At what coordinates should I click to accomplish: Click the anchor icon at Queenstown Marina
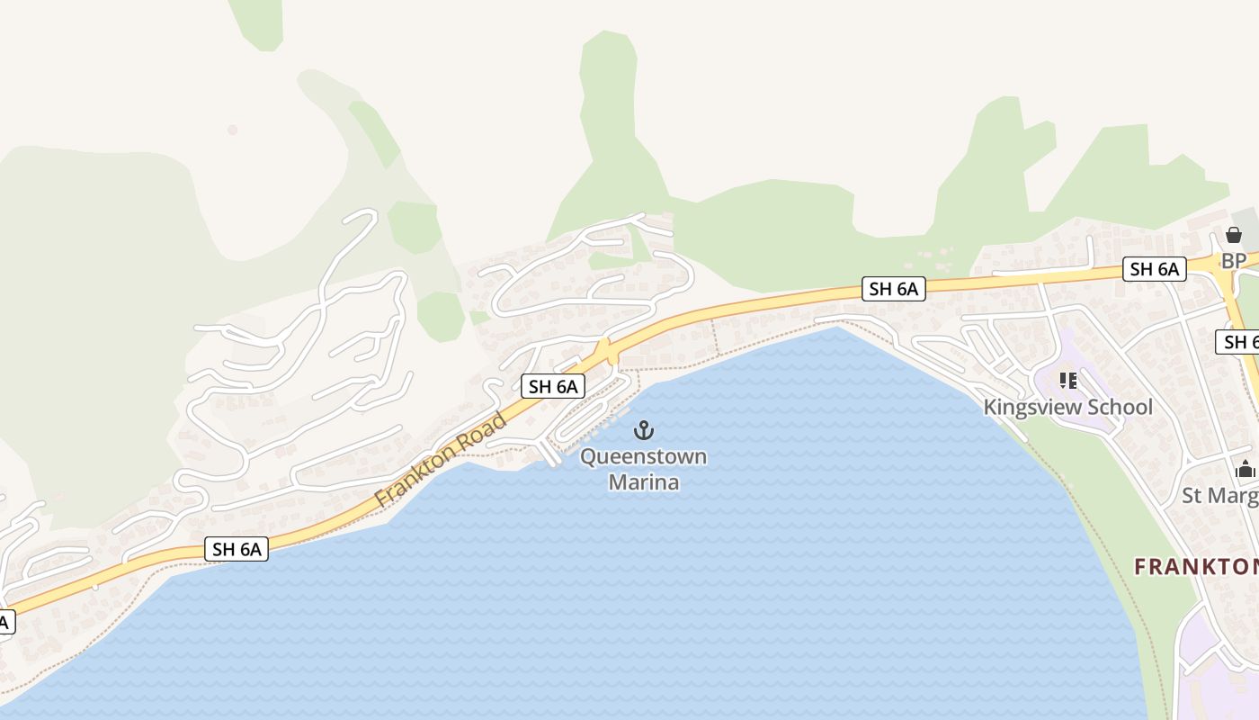(643, 430)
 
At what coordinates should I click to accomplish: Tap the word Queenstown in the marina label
(643, 457)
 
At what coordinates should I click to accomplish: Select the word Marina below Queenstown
(643, 482)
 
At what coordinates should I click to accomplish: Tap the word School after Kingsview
(1119, 407)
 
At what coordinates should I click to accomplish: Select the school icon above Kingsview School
(1068, 381)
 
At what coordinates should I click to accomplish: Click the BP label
(1233, 261)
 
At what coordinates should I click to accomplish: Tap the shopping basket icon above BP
(1233, 236)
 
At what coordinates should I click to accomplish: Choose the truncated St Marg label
(1219, 495)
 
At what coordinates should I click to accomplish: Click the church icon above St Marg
(1246, 469)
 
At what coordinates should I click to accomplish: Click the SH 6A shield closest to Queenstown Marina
(553, 387)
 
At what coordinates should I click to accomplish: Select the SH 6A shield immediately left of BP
(1154, 268)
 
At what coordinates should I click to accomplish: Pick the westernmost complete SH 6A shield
(237, 549)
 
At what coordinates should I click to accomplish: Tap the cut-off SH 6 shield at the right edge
(1239, 342)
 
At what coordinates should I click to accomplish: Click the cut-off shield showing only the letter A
(5, 621)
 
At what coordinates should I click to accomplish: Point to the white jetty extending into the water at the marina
(548, 453)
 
